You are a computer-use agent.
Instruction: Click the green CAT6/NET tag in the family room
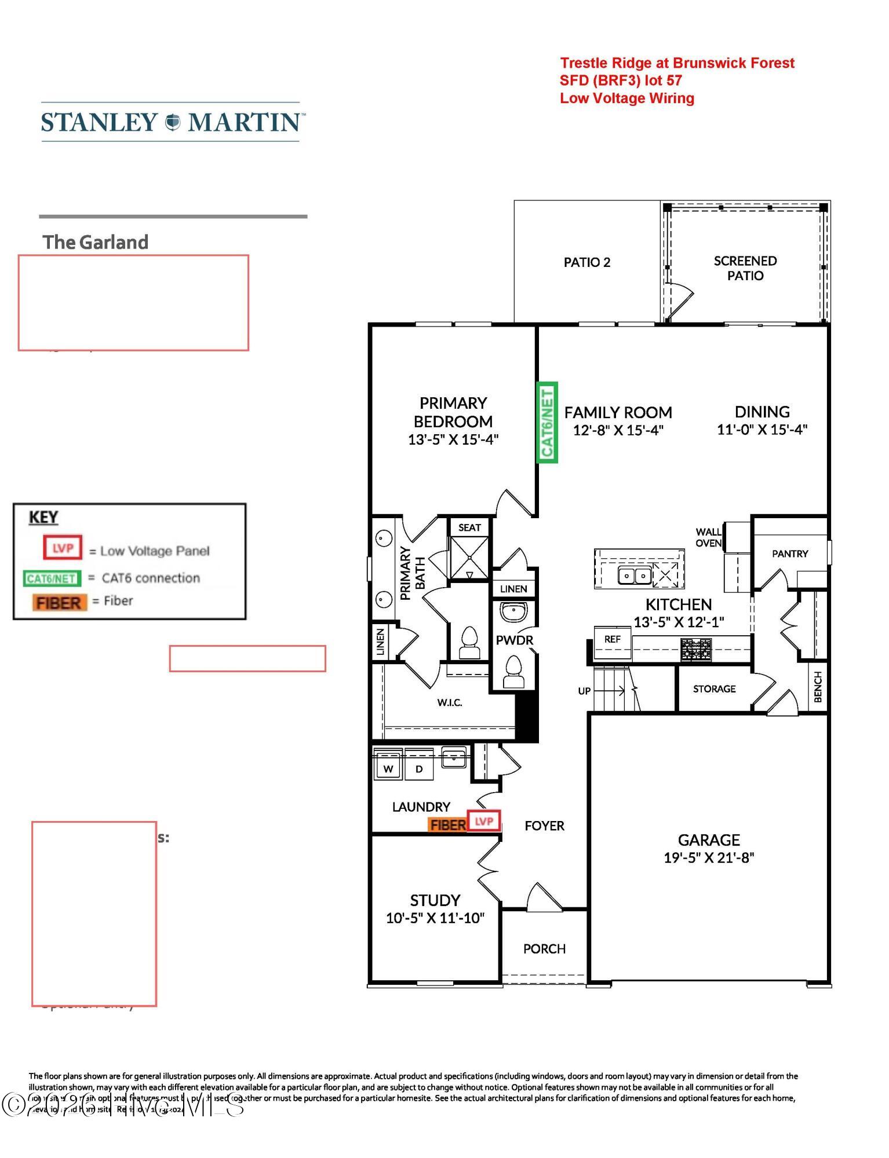[547, 422]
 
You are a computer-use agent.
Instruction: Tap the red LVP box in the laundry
[484, 821]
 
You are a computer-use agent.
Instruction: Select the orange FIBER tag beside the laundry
[447, 824]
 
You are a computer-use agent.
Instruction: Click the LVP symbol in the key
[63, 548]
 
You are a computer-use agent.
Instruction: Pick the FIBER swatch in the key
[59, 602]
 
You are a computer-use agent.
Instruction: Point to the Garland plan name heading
[96, 242]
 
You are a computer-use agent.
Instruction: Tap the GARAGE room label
[709, 840]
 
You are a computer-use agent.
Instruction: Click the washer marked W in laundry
[388, 768]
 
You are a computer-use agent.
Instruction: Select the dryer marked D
[419, 768]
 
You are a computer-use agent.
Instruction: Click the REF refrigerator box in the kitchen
[613, 639]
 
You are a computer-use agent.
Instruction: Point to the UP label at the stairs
[584, 691]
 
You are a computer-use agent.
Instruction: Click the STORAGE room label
[714, 688]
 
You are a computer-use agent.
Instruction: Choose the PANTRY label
[789, 554]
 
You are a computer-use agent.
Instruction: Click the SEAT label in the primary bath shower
[469, 527]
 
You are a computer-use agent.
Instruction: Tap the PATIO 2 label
[587, 262]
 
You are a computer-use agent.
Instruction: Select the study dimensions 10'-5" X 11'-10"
[435, 918]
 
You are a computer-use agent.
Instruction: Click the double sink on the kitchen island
[635, 576]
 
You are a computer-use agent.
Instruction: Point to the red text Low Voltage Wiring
[626, 98]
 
